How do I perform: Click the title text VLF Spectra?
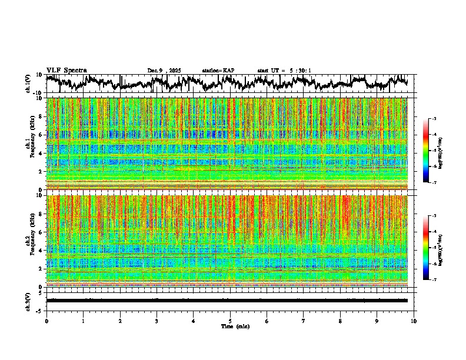[x=66, y=70]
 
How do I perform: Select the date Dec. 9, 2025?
[x=166, y=71]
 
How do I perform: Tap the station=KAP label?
[x=218, y=71]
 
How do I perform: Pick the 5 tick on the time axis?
[x=230, y=321]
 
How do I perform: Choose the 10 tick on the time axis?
[x=414, y=321]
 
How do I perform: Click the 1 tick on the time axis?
[x=83, y=321]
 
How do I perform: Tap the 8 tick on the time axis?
[x=340, y=321]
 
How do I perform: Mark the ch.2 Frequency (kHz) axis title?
[x=31, y=241]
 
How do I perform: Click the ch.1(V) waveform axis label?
[x=28, y=84]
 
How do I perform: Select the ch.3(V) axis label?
[x=28, y=301]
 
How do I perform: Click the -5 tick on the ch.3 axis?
[x=41, y=310]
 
